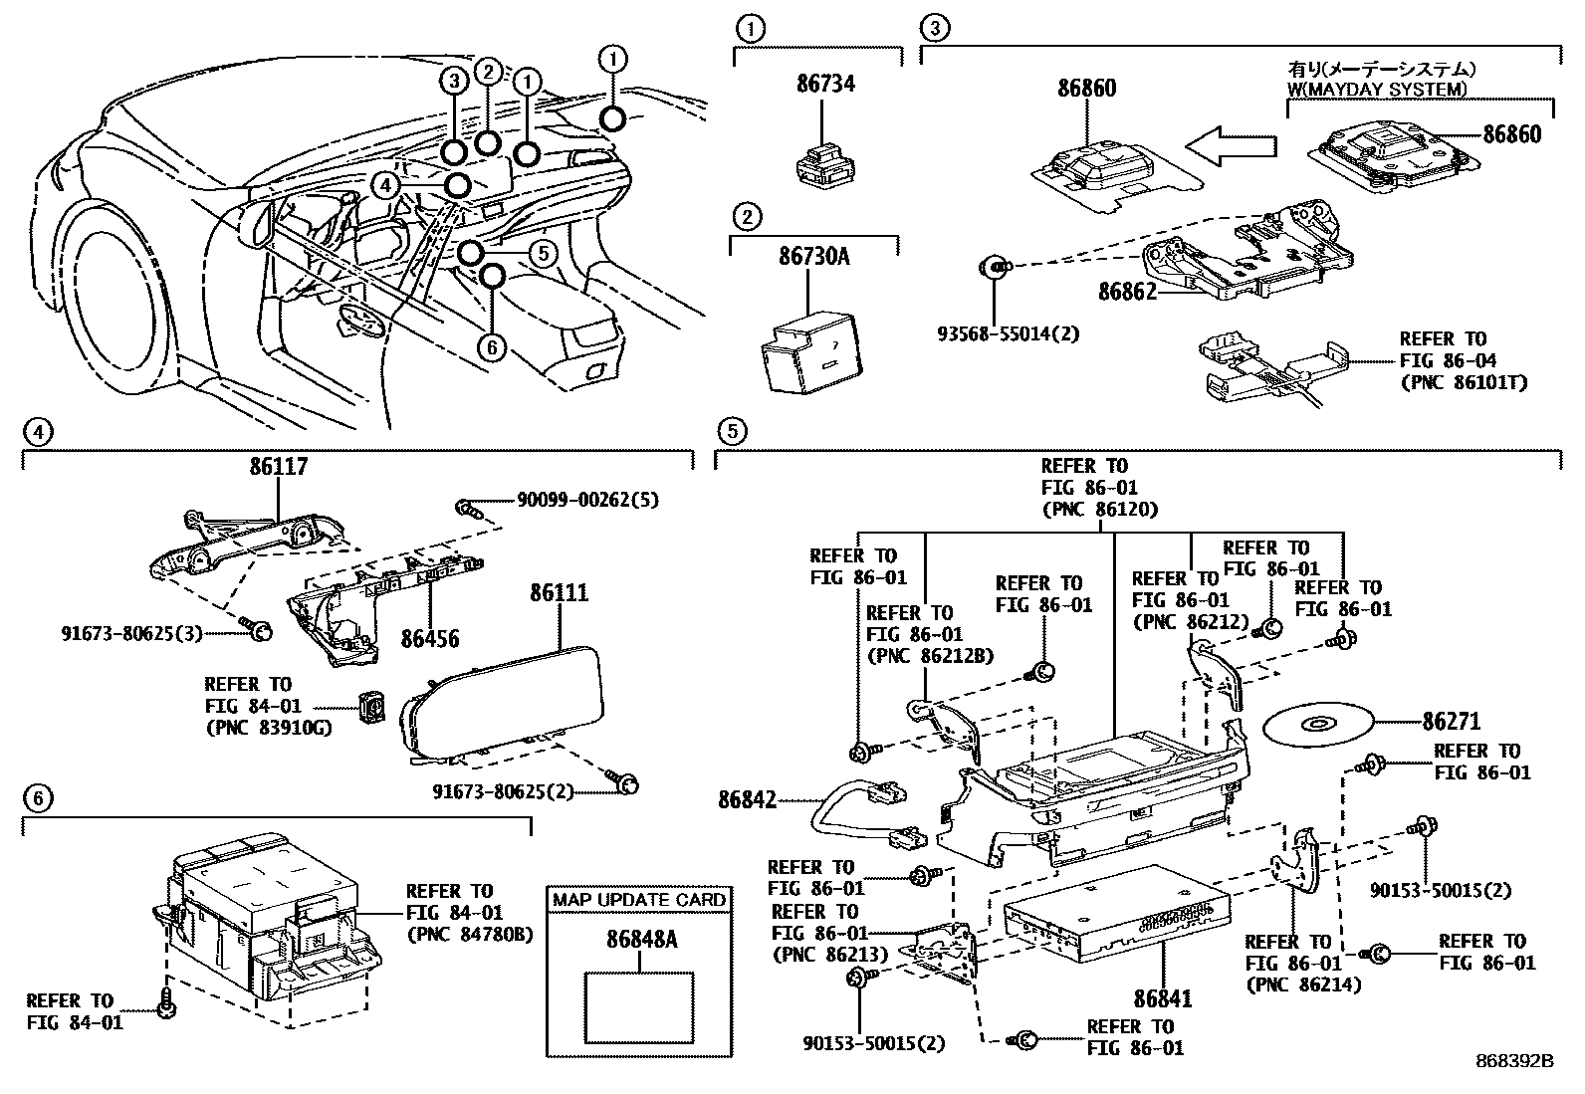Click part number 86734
pyautogui.click(x=825, y=84)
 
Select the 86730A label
pyautogui.click(x=813, y=256)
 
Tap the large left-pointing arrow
pyautogui.click(x=1232, y=146)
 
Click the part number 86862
pyautogui.click(x=1127, y=291)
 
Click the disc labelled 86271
pyautogui.click(x=1317, y=724)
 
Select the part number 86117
pyautogui.click(x=279, y=466)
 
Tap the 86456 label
pyautogui.click(x=429, y=638)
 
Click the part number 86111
pyautogui.click(x=559, y=592)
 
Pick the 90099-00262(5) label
pyautogui.click(x=587, y=501)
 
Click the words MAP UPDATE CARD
pyautogui.click(x=639, y=900)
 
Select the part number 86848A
pyautogui.click(x=642, y=939)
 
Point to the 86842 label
pyautogui.click(x=748, y=799)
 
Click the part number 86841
pyautogui.click(x=1163, y=998)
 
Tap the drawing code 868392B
pyautogui.click(x=1514, y=1061)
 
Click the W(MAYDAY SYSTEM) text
pyautogui.click(x=1376, y=90)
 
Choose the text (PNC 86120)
pyautogui.click(x=1100, y=510)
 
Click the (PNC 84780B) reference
pyautogui.click(x=470, y=934)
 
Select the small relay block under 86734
pyautogui.click(x=825, y=167)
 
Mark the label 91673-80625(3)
pyautogui.click(x=131, y=633)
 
